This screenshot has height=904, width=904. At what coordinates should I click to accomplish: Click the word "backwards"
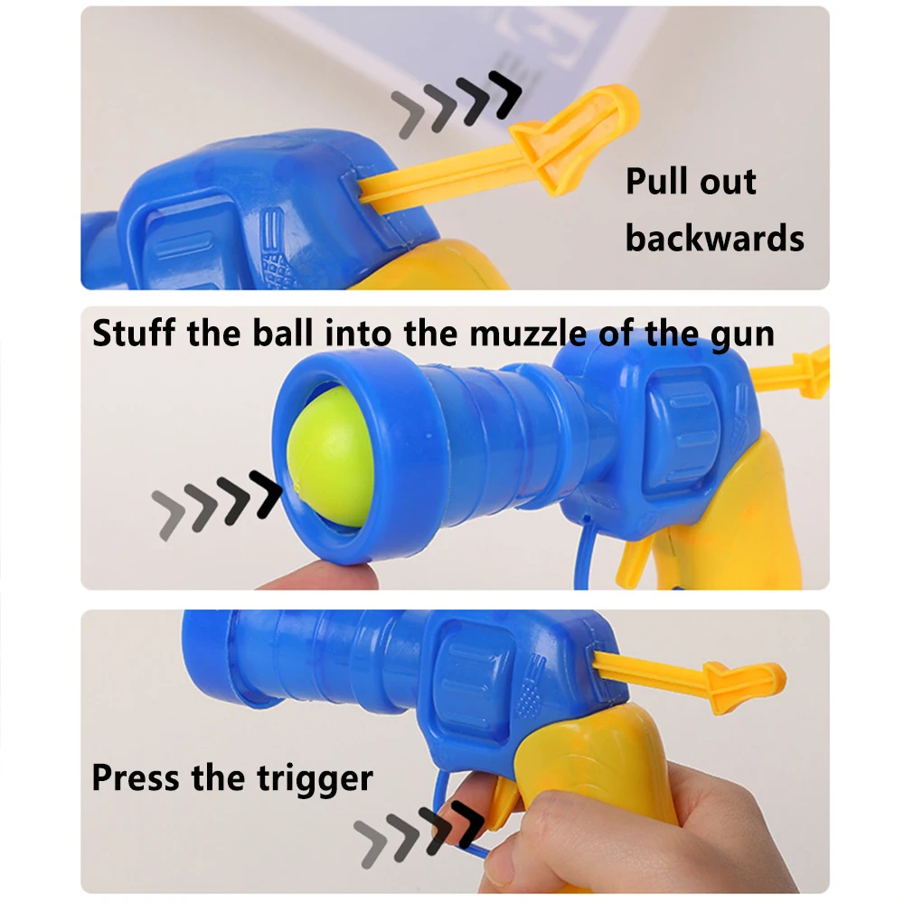pyautogui.click(x=714, y=238)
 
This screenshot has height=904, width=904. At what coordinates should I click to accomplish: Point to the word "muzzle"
pyautogui.click(x=527, y=334)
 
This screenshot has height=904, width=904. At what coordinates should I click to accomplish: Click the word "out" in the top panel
pyautogui.click(x=729, y=182)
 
